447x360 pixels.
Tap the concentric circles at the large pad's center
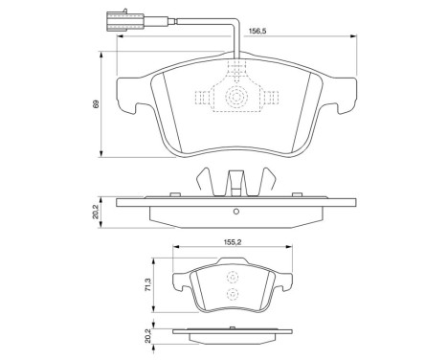point(235,98)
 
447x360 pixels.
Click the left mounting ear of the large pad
point(125,100)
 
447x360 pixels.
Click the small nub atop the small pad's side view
point(233,327)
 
